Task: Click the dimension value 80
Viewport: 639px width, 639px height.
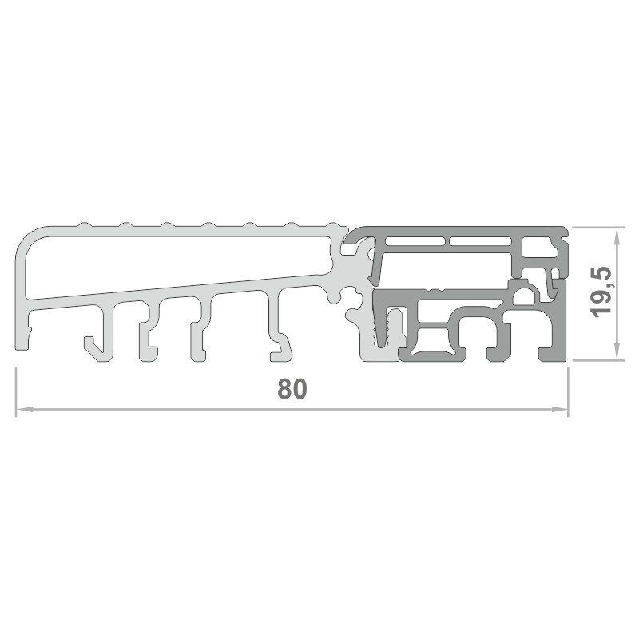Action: tap(292, 388)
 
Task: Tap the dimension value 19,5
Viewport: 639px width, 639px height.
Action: tap(601, 292)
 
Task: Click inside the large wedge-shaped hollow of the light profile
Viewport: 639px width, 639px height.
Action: tap(171, 264)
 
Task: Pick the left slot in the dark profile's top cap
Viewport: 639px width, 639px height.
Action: tap(415, 241)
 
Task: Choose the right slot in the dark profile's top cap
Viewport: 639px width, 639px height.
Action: tap(481, 241)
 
